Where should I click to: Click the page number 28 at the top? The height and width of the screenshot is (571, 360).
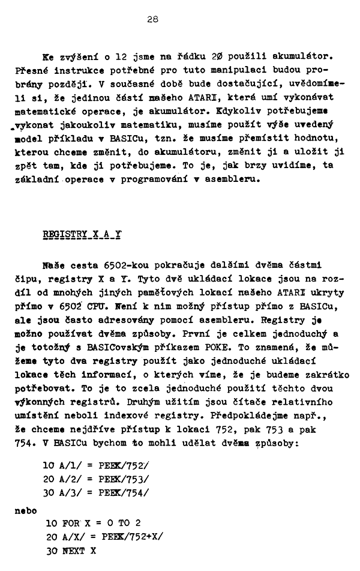(x=152, y=19)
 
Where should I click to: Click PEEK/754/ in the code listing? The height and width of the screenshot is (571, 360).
(x=127, y=493)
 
